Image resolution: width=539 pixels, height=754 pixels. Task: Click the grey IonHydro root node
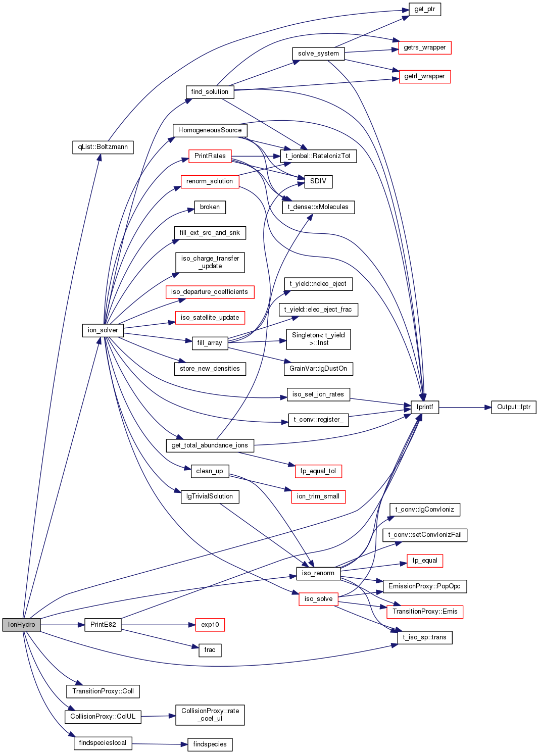(x=21, y=625)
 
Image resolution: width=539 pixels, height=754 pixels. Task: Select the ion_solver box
(x=103, y=330)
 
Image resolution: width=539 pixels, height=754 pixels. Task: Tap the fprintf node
(x=424, y=407)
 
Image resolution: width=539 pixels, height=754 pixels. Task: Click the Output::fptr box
(x=513, y=407)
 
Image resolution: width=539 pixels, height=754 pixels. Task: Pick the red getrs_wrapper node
(x=424, y=48)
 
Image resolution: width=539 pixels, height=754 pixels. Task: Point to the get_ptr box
(x=424, y=10)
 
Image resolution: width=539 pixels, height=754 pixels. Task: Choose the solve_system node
(x=318, y=54)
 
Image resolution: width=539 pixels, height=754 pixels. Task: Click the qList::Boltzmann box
(x=103, y=147)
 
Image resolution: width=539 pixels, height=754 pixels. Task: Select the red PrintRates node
(x=210, y=156)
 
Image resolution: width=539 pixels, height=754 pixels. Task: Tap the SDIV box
(x=318, y=181)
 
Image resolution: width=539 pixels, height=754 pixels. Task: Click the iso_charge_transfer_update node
(x=210, y=263)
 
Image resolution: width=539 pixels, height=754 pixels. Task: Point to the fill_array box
(x=210, y=343)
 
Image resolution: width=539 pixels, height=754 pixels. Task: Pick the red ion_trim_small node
(x=318, y=497)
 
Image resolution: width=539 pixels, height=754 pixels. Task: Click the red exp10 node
(x=210, y=625)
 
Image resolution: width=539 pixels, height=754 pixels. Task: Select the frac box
(x=210, y=650)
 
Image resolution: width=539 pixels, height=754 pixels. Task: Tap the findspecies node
(x=210, y=744)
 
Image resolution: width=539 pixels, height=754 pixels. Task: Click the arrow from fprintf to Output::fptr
(x=465, y=407)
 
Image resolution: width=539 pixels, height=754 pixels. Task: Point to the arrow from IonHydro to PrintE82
(x=62, y=625)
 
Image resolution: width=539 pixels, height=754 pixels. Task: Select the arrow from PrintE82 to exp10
(x=158, y=625)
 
